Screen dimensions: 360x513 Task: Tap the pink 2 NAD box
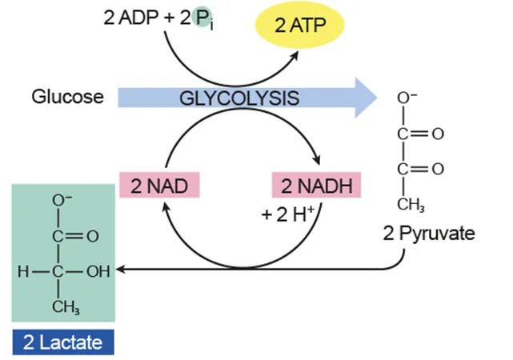pyautogui.click(x=158, y=186)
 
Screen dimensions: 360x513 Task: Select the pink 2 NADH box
pyautogui.click(x=317, y=186)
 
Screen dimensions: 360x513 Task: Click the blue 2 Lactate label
pyautogui.click(x=62, y=342)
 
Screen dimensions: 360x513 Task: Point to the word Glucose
pyautogui.click(x=67, y=98)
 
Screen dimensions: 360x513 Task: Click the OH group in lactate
pyautogui.click(x=97, y=271)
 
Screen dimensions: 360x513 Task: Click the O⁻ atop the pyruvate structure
pyautogui.click(x=407, y=98)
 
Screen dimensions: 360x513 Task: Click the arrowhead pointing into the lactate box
pyautogui.click(x=121, y=270)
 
